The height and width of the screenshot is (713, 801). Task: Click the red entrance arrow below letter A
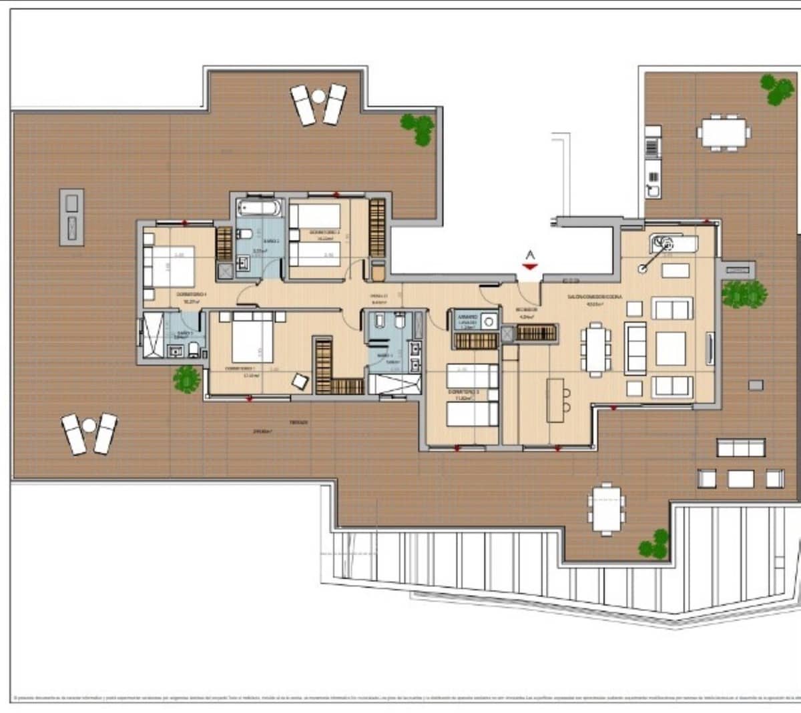coord(530,267)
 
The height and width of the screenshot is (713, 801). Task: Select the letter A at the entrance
coord(530,255)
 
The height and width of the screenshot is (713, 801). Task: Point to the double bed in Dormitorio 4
coord(170,266)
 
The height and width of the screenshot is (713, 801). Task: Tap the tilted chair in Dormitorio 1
coord(300,381)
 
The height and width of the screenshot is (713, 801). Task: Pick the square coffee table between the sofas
coord(670,347)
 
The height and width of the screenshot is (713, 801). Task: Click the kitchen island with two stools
coord(555,400)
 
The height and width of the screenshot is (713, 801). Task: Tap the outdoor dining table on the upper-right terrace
coord(724,133)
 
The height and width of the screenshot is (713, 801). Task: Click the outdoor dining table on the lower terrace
coord(606,509)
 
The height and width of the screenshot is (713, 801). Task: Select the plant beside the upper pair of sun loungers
coord(419,129)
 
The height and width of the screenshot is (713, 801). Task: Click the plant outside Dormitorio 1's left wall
coord(186,378)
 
